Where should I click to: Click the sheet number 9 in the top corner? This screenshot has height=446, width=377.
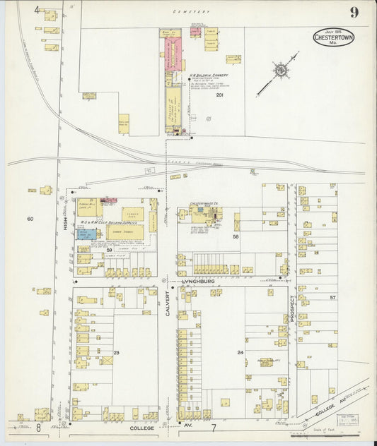pyautogui.click(x=352, y=12)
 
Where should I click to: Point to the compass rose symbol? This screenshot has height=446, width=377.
pyautogui.click(x=281, y=71)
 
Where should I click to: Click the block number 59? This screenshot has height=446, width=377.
pyautogui.click(x=110, y=250)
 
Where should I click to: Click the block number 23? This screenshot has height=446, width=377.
pyautogui.click(x=116, y=351)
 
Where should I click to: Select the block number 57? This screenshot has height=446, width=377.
pyautogui.click(x=332, y=298)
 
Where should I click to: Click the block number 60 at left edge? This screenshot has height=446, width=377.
pyautogui.click(x=30, y=219)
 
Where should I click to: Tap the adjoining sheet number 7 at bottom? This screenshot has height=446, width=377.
pyautogui.click(x=213, y=428)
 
